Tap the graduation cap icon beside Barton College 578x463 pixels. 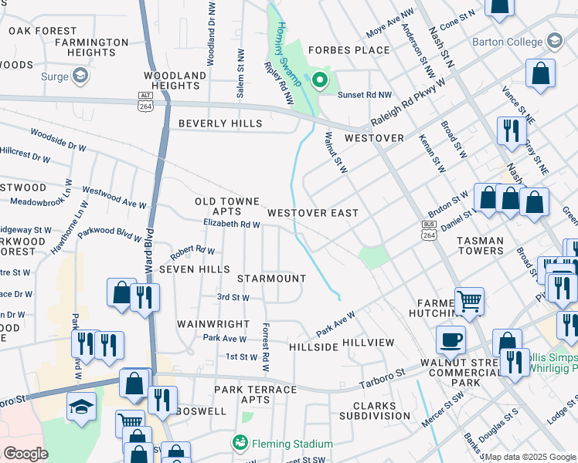point(553,40)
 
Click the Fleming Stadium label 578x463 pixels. point(291,444)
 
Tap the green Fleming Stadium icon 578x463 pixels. point(240,444)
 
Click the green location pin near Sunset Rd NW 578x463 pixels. point(320,79)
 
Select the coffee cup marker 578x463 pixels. point(451,339)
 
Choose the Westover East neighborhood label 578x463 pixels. point(312,212)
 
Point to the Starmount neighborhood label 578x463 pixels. point(271,278)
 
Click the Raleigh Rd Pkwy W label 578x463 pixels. point(409,104)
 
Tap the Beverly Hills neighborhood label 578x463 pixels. point(220,123)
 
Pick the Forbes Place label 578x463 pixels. point(348,50)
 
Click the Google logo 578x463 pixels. point(25,454)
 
